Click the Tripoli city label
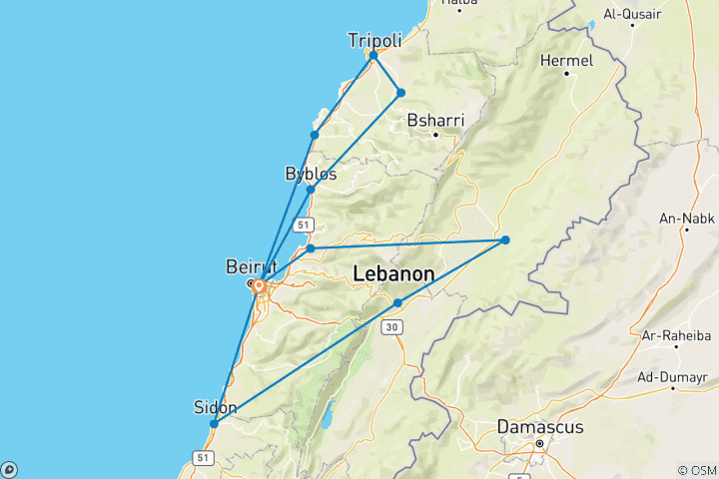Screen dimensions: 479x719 click(x=375, y=40)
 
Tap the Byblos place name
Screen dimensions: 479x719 click(x=311, y=174)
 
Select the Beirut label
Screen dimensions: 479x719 click(x=246, y=266)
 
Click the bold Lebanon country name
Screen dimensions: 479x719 click(x=394, y=273)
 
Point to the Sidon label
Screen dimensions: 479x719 click(x=215, y=407)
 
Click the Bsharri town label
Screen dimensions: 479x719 click(x=435, y=121)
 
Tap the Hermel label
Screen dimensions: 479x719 click(x=565, y=61)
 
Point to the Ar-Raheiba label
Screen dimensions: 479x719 click(x=676, y=334)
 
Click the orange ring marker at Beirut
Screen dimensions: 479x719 click(x=259, y=286)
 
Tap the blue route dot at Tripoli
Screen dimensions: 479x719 click(x=373, y=56)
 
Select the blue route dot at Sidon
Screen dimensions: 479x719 click(x=214, y=424)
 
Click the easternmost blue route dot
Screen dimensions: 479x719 click(x=505, y=239)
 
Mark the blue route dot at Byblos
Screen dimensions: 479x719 click(x=311, y=189)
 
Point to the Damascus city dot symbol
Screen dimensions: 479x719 click(x=539, y=442)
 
